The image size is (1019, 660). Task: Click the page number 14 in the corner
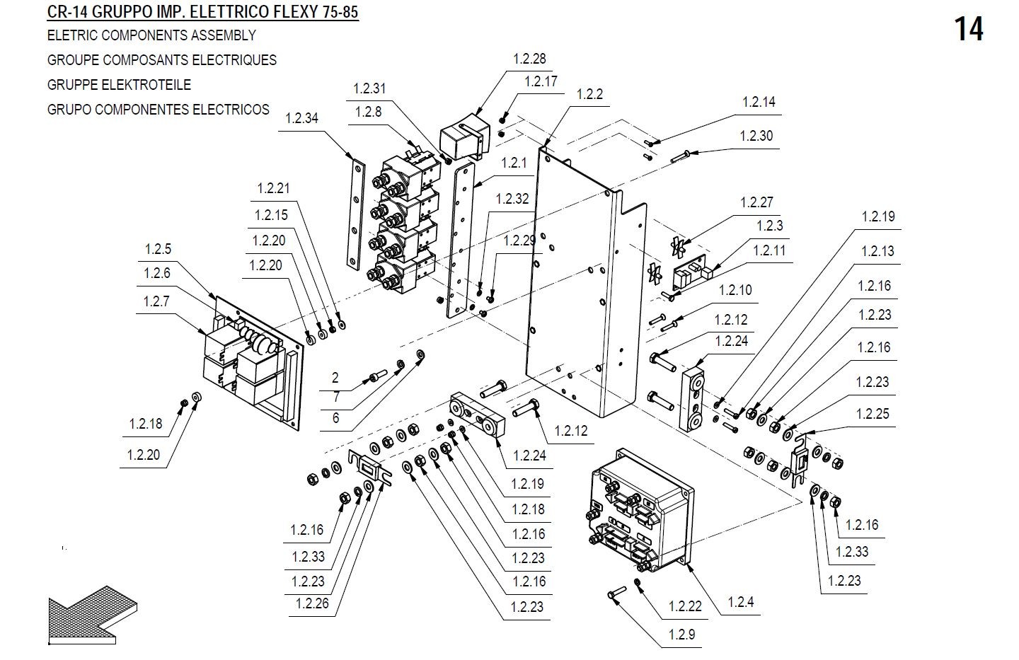pos(968,30)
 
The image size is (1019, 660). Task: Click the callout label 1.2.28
pos(529,59)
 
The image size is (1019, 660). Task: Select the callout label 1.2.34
pos(302,119)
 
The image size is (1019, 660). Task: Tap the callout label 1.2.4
pos(741,603)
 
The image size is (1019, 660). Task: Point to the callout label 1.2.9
pos(681,635)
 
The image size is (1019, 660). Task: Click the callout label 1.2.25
pos(873,415)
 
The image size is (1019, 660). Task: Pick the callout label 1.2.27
pos(756,203)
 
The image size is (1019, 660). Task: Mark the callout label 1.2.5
pos(158,250)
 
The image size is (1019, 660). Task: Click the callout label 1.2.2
pos(589,95)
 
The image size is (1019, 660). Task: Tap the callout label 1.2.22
pos(685,607)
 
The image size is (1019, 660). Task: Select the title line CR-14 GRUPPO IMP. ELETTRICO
pos(202,13)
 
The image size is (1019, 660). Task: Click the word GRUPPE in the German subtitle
pos(73,85)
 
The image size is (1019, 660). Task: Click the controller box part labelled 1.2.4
pos(640,509)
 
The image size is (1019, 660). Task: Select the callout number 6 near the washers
pos(335,418)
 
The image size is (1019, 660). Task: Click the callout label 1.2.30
pos(756,137)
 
